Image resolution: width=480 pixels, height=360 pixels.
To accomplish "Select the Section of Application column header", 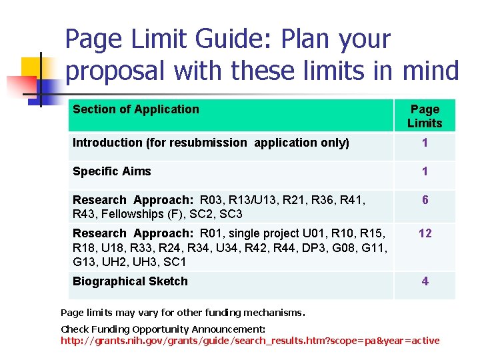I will tap(136, 109).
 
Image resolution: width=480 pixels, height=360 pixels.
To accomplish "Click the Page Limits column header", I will tap(425, 116).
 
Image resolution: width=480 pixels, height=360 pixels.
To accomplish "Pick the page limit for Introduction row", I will tap(425, 143).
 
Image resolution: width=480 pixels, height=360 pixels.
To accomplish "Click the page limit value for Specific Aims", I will tap(425, 172).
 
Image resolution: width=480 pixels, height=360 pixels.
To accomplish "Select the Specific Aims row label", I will tap(112, 171).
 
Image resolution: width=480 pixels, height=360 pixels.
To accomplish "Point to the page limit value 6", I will tap(425, 200).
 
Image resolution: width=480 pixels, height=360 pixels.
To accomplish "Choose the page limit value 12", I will tap(425, 233).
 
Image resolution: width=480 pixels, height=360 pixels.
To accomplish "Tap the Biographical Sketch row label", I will tap(130, 281).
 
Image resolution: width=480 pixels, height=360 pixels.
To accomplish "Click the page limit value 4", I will tap(425, 281).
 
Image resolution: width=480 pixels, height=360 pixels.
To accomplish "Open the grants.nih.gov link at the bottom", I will tap(250, 341).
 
